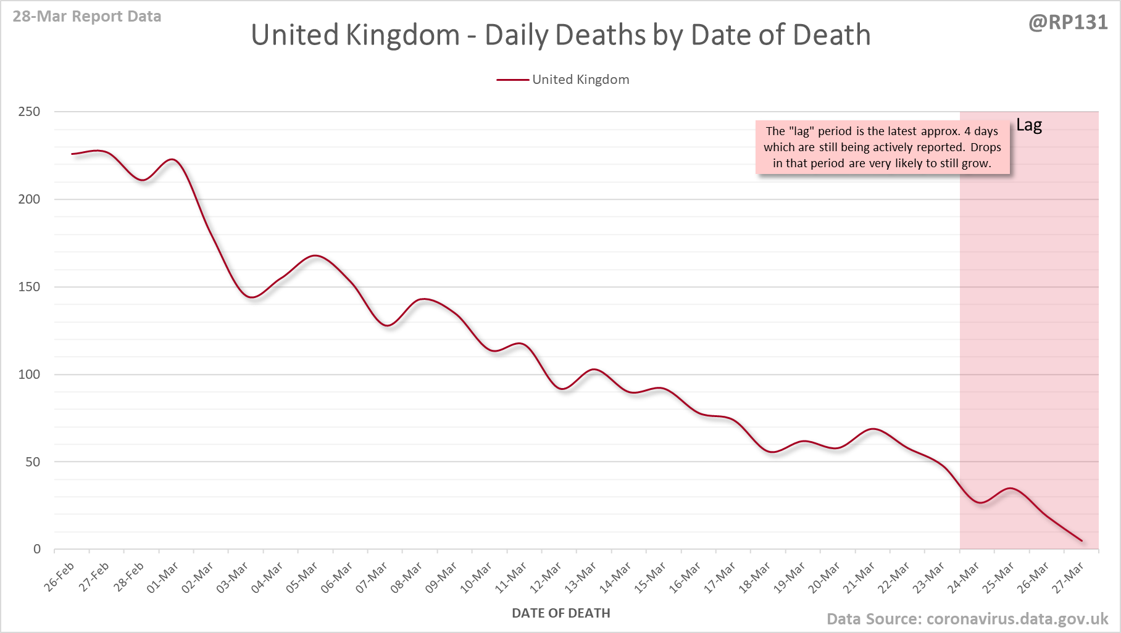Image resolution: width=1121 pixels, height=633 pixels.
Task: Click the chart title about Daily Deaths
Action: click(560, 35)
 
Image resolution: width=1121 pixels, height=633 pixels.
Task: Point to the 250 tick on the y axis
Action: click(29, 112)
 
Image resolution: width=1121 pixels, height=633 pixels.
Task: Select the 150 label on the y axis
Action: click(29, 287)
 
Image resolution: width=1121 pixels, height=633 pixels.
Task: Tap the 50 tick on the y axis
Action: click(33, 461)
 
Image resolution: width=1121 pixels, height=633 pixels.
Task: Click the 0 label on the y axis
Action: click(37, 549)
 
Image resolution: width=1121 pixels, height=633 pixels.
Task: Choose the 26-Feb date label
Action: click(60, 576)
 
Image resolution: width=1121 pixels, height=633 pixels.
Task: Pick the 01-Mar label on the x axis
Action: click(163, 577)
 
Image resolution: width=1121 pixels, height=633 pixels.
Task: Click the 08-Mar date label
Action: click(407, 577)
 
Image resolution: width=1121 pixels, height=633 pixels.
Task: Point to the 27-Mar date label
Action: click(1069, 577)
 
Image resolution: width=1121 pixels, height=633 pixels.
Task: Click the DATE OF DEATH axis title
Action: click(560, 613)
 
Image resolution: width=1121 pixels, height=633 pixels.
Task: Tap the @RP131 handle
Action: click(1068, 23)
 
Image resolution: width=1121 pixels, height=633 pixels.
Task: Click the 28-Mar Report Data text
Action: click(87, 17)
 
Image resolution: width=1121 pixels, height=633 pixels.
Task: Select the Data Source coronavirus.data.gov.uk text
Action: click(967, 619)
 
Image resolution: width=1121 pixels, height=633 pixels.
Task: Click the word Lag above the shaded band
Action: click(1029, 125)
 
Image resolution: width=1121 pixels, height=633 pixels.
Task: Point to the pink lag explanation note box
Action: click(882, 147)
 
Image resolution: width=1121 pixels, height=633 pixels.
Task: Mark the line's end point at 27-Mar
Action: click(1081, 541)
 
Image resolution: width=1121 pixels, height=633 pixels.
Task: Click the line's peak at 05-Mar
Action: click(315, 255)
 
